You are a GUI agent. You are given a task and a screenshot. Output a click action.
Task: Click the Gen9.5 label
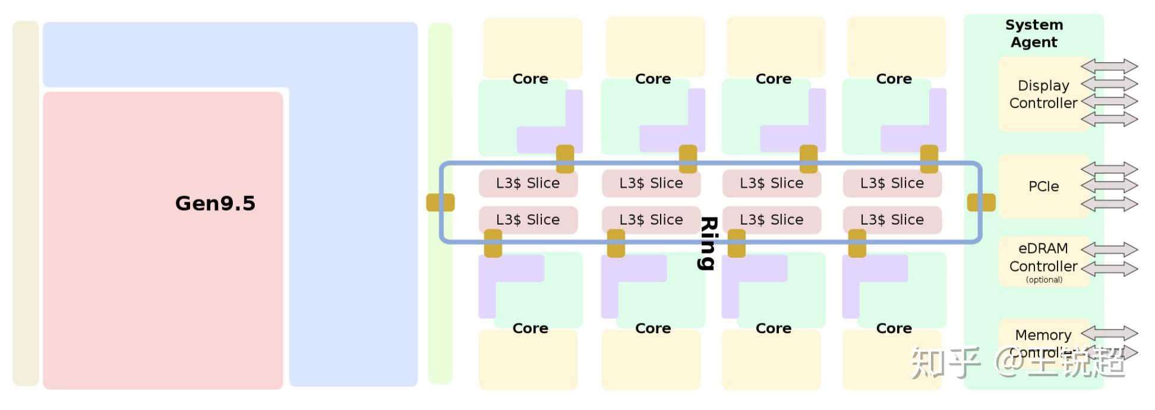(x=215, y=203)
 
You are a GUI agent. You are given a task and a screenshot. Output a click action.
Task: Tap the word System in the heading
(x=1034, y=25)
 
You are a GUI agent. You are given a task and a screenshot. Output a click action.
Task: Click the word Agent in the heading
(x=1034, y=42)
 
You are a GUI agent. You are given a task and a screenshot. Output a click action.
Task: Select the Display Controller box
(x=1043, y=94)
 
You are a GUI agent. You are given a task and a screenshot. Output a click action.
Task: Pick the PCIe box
(x=1043, y=187)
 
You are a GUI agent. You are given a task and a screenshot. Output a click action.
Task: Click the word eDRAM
(x=1043, y=248)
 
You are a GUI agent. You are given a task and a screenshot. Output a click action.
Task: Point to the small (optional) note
(x=1044, y=280)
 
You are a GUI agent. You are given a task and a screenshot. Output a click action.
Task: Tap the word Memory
(x=1043, y=335)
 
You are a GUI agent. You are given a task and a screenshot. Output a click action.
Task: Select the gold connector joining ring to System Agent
(x=981, y=203)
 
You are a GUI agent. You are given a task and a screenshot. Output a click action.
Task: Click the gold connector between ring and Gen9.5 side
(x=440, y=203)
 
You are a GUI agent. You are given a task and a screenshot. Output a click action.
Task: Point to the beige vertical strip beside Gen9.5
(x=26, y=203)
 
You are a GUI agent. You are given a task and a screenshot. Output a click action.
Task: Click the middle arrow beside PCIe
(x=1109, y=186)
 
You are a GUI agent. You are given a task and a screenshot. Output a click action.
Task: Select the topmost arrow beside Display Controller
(x=1109, y=66)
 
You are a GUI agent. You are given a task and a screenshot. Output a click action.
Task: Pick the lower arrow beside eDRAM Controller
(x=1109, y=269)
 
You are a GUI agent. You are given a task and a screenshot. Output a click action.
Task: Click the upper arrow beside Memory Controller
(x=1109, y=333)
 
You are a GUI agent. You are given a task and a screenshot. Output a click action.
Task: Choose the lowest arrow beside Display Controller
(x=1109, y=119)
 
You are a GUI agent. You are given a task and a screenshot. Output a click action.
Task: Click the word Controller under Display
(x=1043, y=103)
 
